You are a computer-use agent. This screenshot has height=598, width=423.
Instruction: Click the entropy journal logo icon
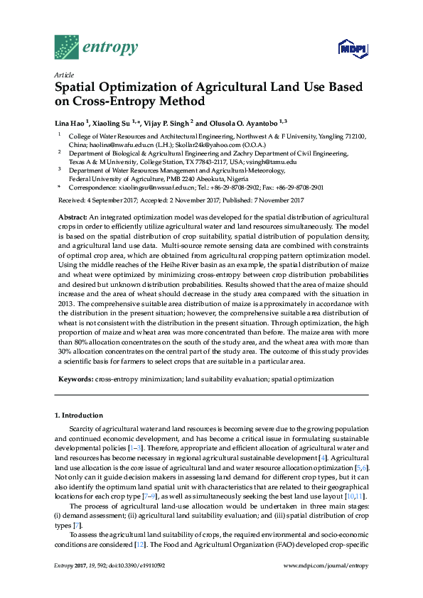coord(67,47)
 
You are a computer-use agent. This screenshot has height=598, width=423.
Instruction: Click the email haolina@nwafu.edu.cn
coord(104,143)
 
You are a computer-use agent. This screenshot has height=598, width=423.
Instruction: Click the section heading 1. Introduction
coord(78,415)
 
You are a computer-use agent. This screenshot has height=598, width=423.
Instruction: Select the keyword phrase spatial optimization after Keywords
coord(302,380)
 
